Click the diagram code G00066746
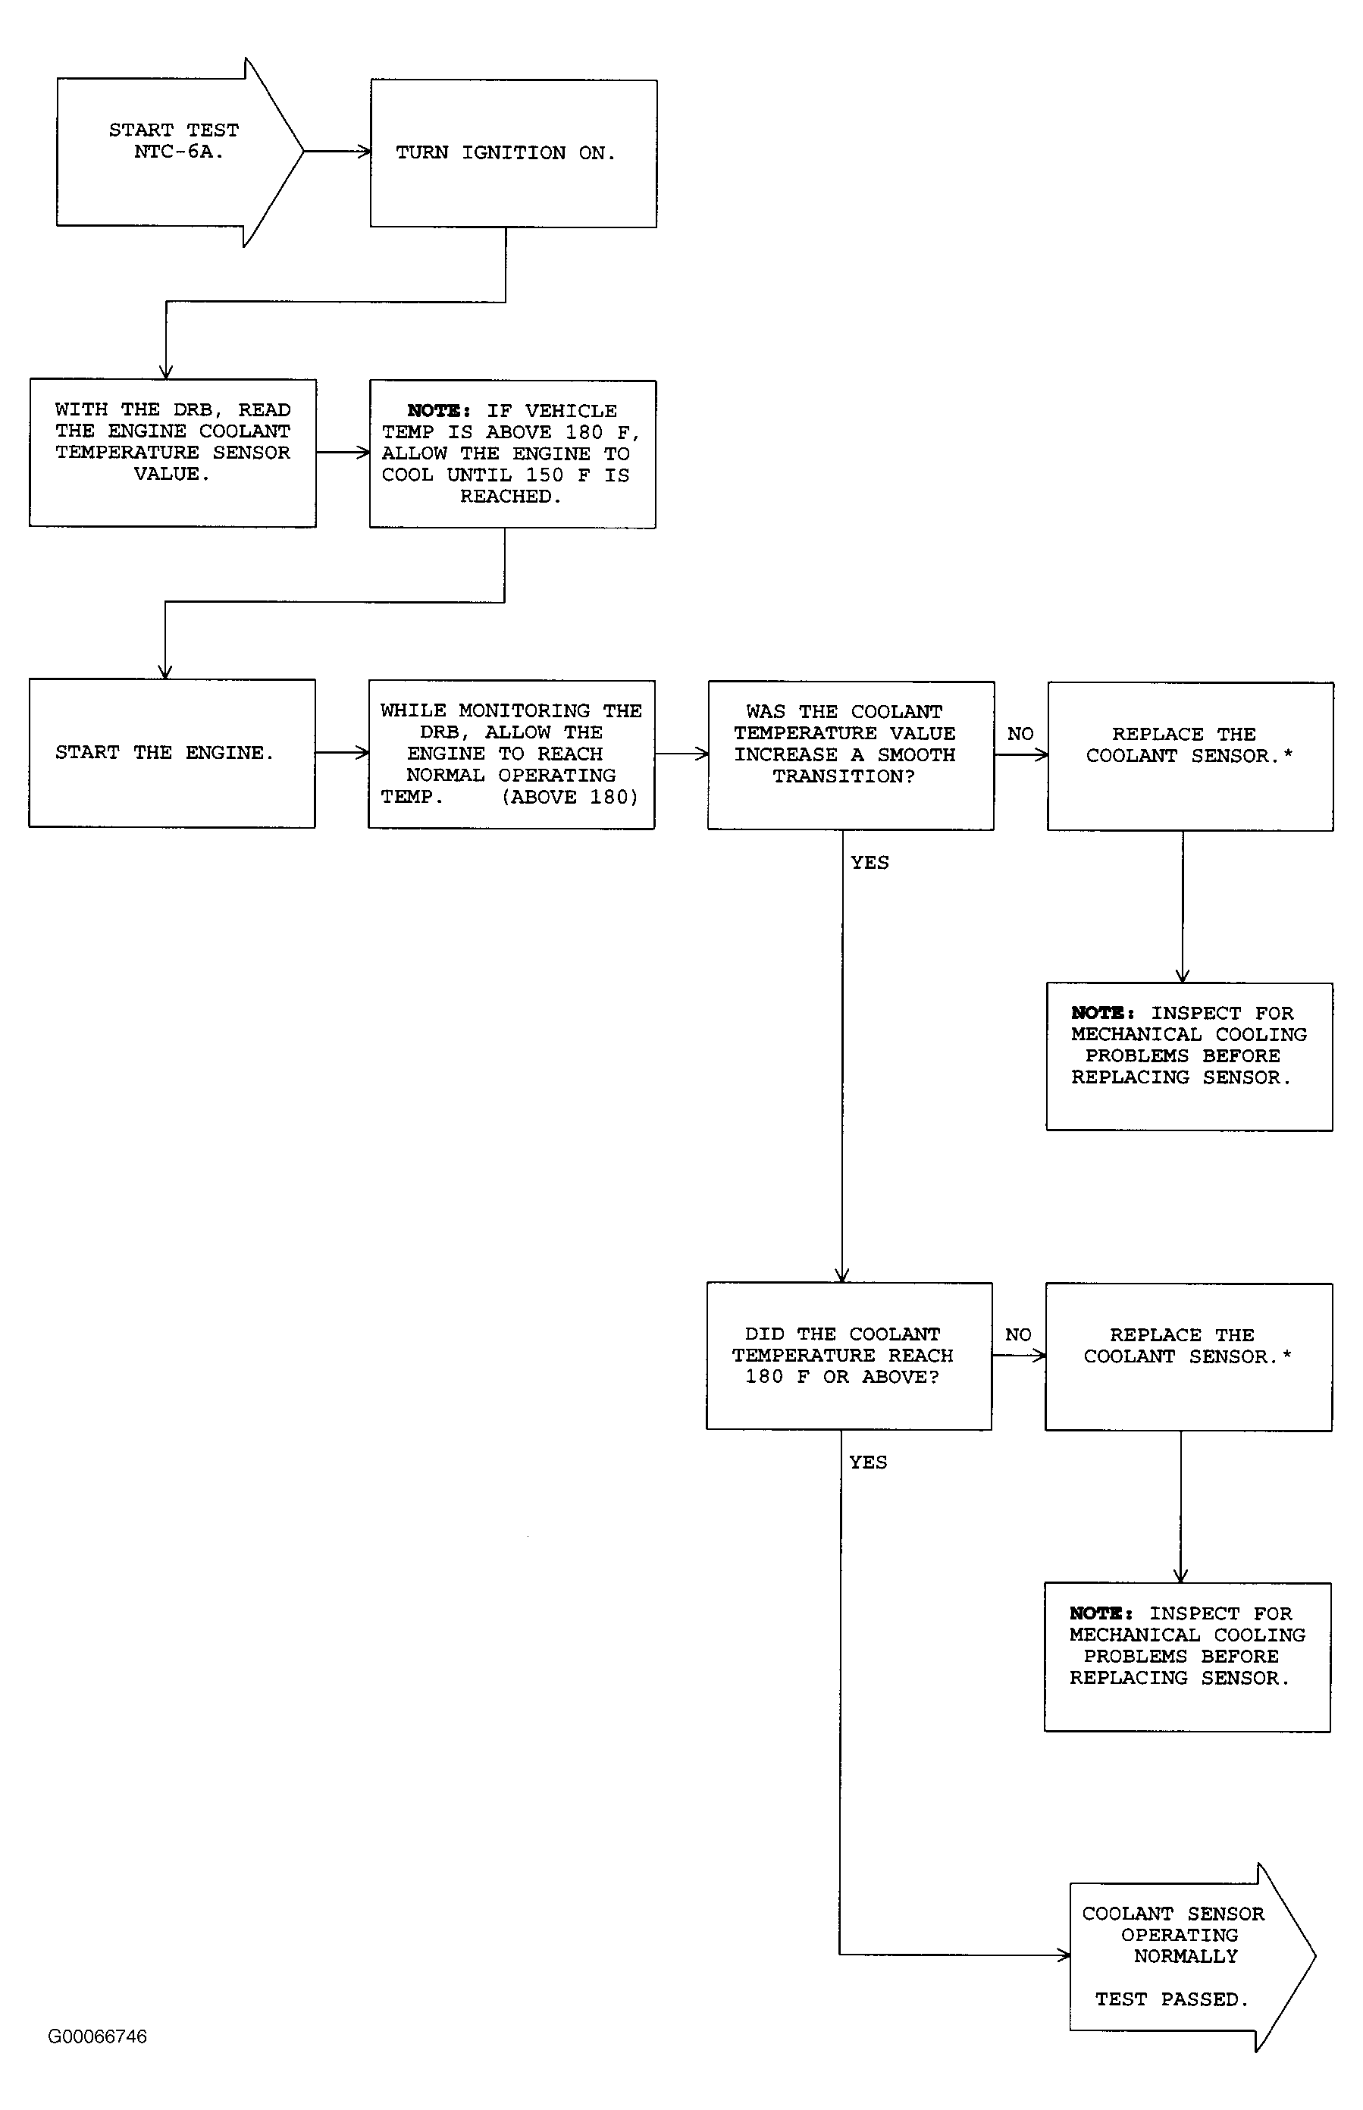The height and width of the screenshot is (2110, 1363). click(x=97, y=2036)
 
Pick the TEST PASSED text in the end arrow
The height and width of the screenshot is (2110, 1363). click(x=1171, y=1999)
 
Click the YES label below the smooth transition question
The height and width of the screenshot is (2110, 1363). click(x=870, y=863)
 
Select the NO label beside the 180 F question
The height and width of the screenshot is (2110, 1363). click(x=1018, y=1334)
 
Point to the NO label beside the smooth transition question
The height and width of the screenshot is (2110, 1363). click(x=1020, y=734)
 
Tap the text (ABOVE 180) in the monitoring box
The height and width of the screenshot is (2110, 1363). click(x=570, y=798)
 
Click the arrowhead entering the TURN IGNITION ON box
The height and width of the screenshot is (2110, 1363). click(x=364, y=152)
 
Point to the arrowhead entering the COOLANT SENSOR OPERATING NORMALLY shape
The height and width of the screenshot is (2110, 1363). click(x=1064, y=1955)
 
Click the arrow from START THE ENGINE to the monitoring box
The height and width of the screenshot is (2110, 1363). click(x=342, y=753)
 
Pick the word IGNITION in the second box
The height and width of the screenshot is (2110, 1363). click(x=513, y=153)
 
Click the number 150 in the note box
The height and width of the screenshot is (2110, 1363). click(x=545, y=475)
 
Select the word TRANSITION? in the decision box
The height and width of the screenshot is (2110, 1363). click(x=844, y=776)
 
